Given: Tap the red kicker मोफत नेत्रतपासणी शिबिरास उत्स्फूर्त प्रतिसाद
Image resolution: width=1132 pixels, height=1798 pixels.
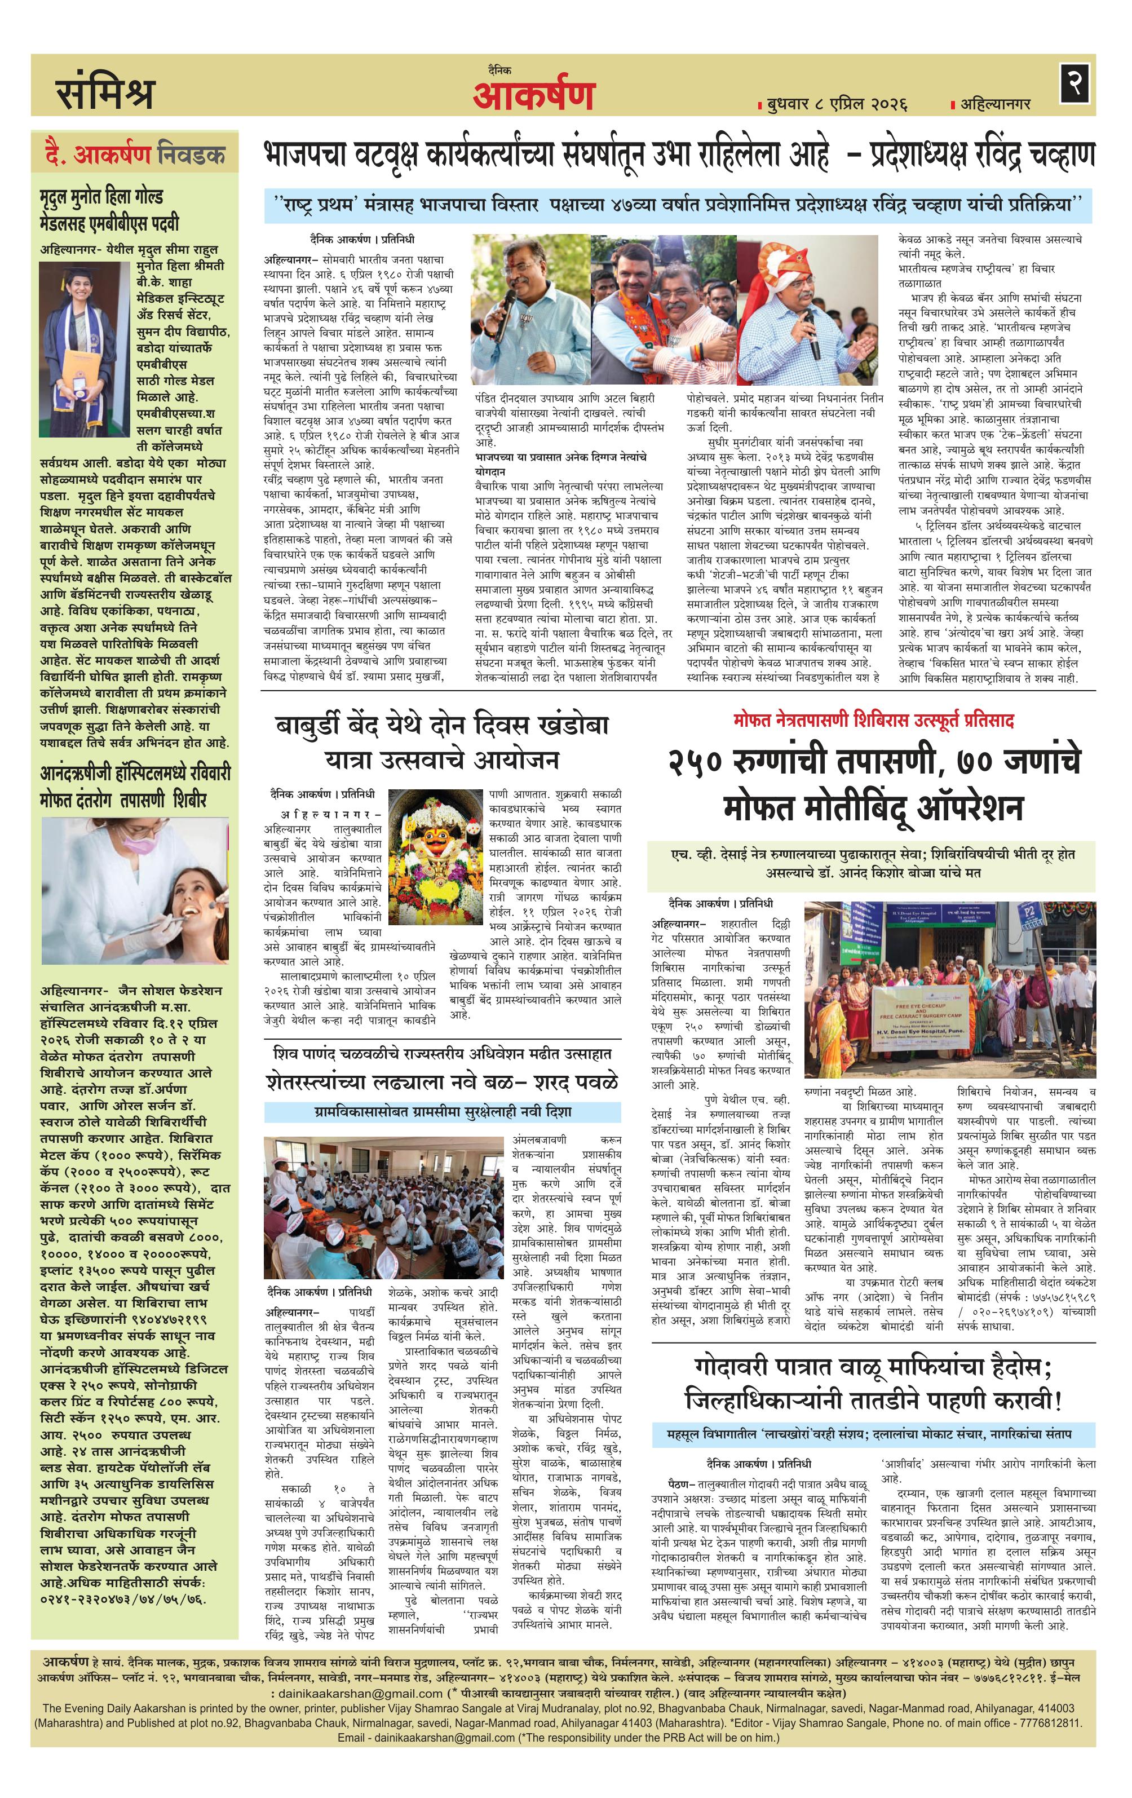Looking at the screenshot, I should tap(873, 721).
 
